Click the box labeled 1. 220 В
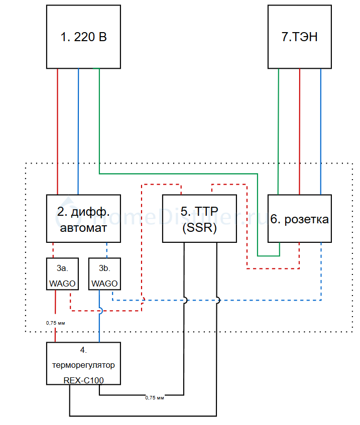(83, 37)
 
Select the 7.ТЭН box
(299, 37)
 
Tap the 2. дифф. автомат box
(83, 219)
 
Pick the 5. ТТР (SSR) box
(199, 219)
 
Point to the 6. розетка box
(299, 219)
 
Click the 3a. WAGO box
(62, 273)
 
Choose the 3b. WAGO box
(104, 273)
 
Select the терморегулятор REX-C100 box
(83, 363)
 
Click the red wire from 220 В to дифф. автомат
(58, 130)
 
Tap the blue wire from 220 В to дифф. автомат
(78, 130)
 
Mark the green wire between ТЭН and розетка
(278, 130)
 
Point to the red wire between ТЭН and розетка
(299, 130)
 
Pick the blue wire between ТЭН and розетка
(320, 130)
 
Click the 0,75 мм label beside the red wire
(55, 323)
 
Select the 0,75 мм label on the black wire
(155, 398)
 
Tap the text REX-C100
(83, 380)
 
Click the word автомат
(83, 228)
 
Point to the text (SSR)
(199, 228)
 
